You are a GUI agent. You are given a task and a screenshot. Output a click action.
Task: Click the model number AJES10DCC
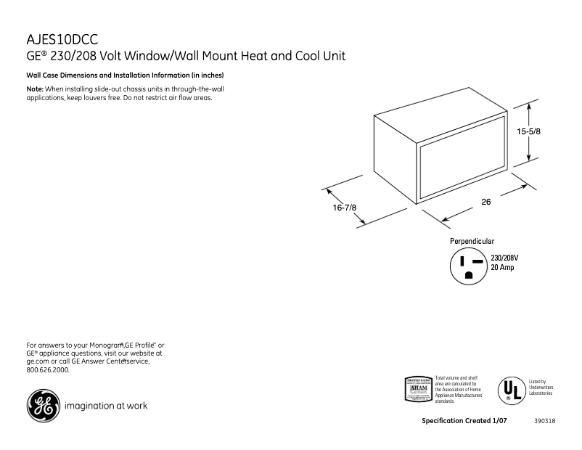62,39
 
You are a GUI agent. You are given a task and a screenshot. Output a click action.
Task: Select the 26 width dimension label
485,202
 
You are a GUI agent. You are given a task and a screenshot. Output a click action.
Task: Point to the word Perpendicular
472,241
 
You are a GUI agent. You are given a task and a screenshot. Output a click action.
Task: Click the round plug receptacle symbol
468,266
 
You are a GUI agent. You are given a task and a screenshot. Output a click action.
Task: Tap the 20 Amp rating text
502,268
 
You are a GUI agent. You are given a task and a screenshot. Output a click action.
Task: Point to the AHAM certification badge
417,389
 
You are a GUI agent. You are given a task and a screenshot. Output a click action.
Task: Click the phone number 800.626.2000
48,369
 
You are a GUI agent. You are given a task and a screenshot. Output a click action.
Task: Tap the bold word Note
35,89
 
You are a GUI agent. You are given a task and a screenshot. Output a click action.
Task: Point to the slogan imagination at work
106,406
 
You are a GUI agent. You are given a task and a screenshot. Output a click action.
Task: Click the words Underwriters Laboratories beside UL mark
541,390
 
